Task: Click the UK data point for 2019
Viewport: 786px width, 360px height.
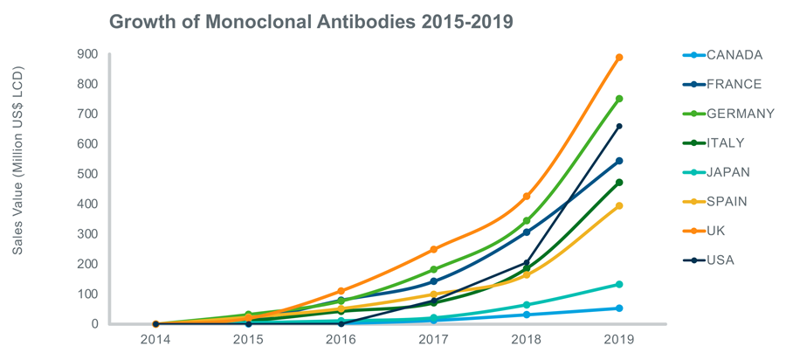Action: point(619,58)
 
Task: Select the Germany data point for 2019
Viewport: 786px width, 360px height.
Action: point(619,99)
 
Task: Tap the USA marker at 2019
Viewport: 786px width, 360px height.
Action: point(619,127)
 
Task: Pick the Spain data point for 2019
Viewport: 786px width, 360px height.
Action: point(619,206)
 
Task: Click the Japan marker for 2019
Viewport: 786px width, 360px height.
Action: point(619,284)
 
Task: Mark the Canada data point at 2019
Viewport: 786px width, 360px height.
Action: point(619,308)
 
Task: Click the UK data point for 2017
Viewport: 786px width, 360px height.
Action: point(434,249)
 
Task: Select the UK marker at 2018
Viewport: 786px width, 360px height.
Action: point(527,196)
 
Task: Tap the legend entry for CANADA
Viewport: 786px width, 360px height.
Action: point(734,55)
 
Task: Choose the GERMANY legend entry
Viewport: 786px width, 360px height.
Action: point(740,114)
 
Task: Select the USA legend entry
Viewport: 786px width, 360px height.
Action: point(720,260)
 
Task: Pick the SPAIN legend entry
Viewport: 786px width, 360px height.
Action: point(727,202)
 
